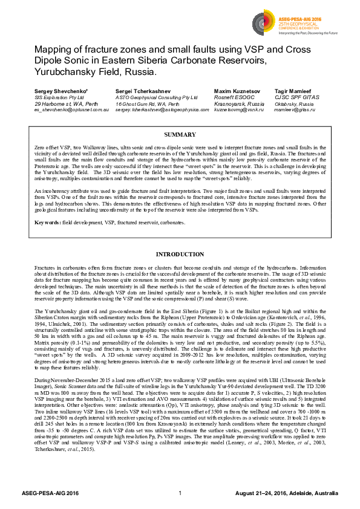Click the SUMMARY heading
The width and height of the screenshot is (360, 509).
tap(180, 134)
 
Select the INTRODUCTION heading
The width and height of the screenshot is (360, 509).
tap(180, 254)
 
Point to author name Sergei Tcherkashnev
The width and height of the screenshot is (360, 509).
tap(139, 90)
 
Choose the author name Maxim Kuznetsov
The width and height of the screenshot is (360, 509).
tap(235, 90)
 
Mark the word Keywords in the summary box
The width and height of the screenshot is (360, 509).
tap(47, 223)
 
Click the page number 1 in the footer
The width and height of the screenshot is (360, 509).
tap(180, 493)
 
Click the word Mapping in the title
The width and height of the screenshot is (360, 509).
tap(53, 50)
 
